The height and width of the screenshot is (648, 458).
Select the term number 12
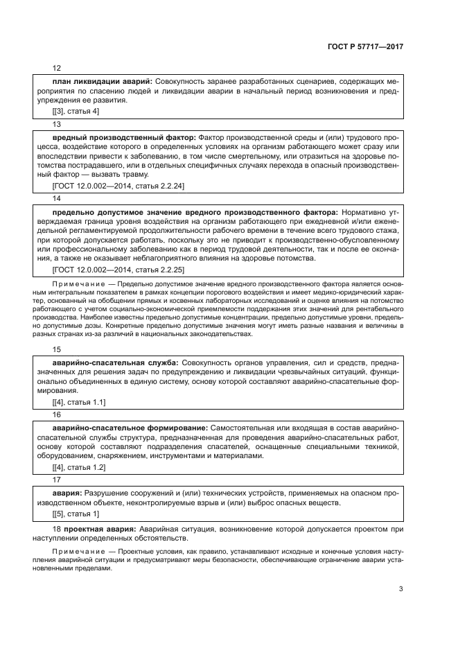coord(57,69)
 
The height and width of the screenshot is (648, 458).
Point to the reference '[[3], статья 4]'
coord(76,111)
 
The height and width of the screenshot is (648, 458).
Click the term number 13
coord(57,124)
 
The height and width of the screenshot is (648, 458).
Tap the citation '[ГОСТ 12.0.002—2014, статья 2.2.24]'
coord(118,186)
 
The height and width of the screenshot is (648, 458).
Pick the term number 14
coord(57,198)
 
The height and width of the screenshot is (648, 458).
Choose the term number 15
coord(57,349)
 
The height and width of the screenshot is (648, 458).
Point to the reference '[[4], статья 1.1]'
coord(79,401)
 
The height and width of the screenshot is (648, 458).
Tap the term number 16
coord(57,414)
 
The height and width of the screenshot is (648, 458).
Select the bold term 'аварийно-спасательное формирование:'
coord(130,428)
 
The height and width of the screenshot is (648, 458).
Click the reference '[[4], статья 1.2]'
coord(79,467)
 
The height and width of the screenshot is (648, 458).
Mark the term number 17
coord(57,479)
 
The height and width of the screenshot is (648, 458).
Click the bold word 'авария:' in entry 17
coord(67,493)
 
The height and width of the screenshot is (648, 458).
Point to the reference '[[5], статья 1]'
coord(76,514)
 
